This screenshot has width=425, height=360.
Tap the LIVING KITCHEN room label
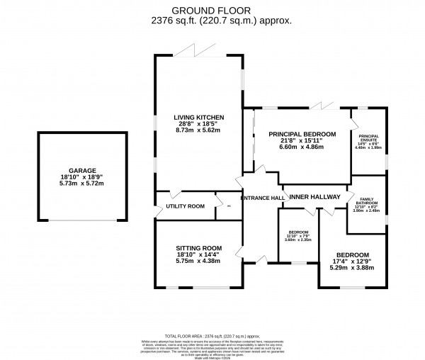coord(200,117)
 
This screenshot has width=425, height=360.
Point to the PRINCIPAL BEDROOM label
coord(298,133)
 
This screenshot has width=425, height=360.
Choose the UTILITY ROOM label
coord(185,206)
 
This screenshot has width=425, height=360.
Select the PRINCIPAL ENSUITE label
coord(370,139)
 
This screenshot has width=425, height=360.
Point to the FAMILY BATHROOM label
coord(367,202)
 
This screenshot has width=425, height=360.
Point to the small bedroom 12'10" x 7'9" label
coord(298,235)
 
